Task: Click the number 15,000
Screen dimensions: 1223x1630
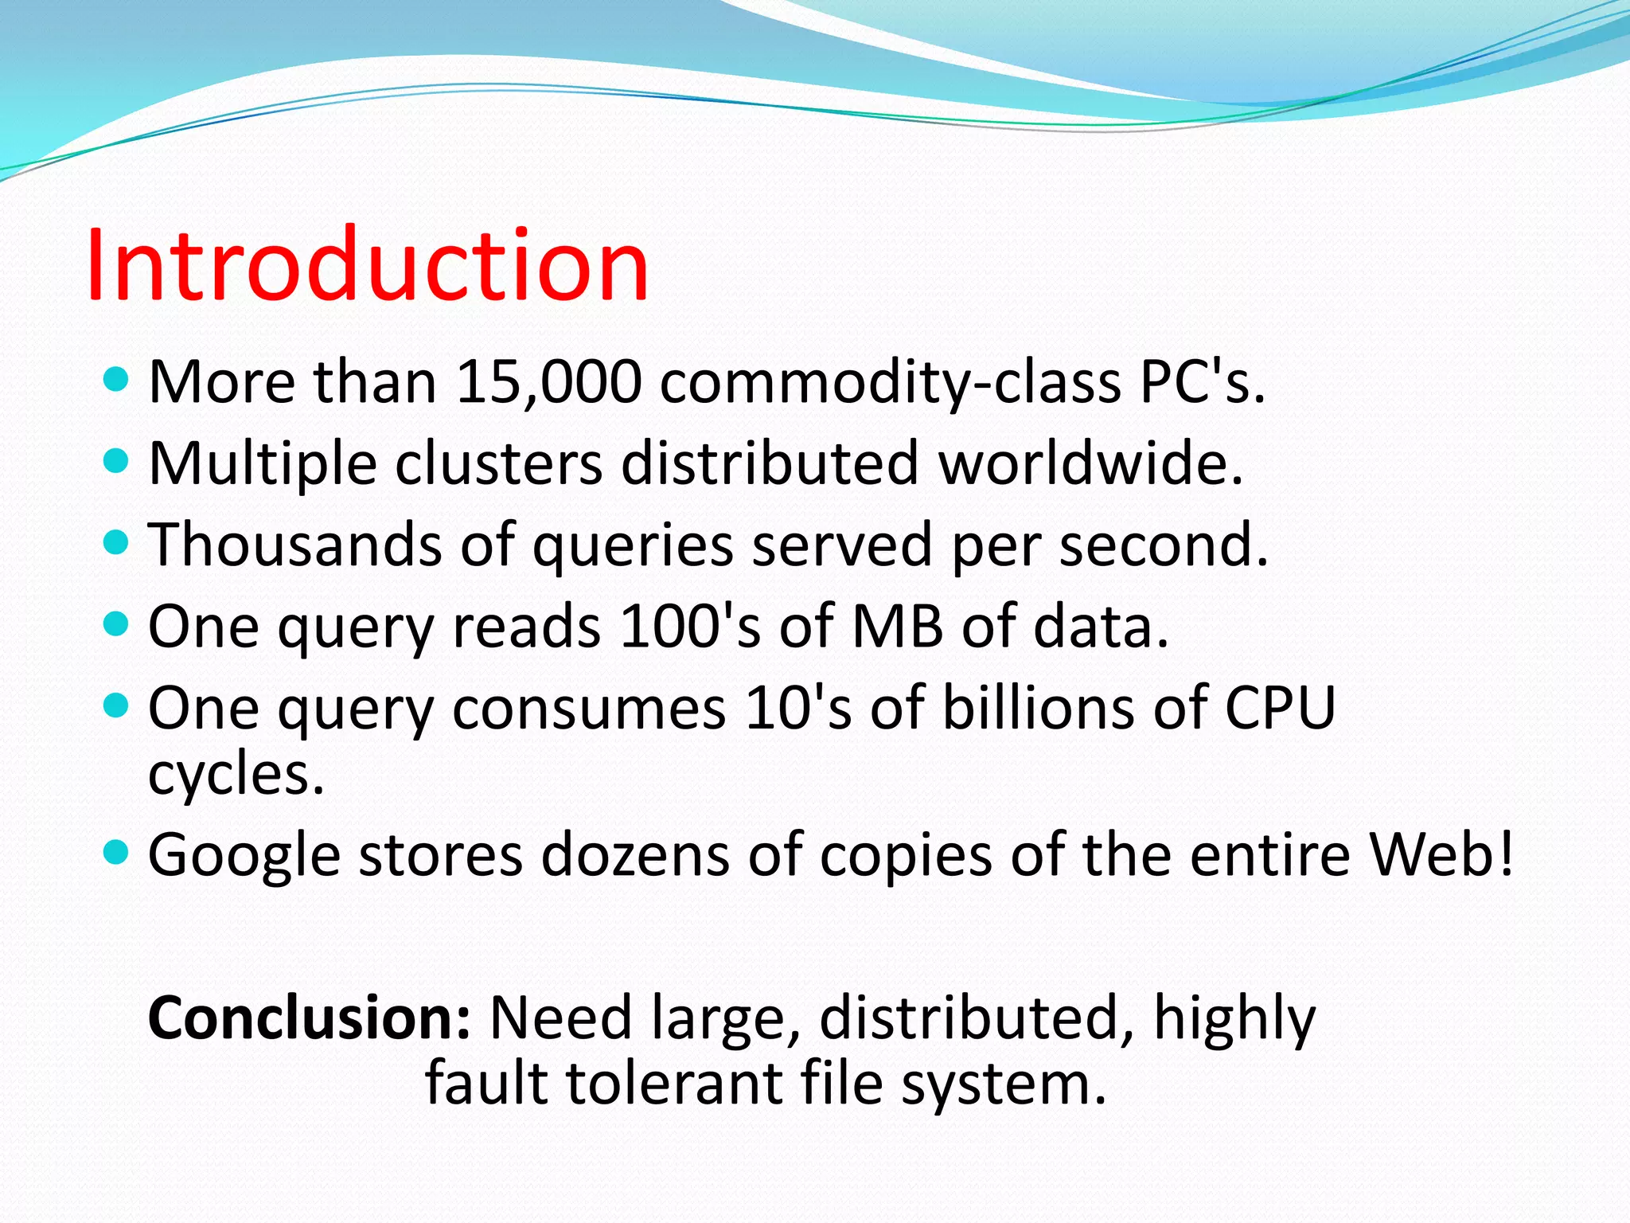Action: (548, 382)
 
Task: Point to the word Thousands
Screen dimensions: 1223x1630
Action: (294, 545)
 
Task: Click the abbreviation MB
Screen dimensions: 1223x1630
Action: (897, 626)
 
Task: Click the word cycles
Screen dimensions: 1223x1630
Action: (236, 774)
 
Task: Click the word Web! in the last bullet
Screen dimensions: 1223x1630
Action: (1441, 854)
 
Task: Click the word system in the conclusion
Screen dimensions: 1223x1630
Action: (1002, 1085)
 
